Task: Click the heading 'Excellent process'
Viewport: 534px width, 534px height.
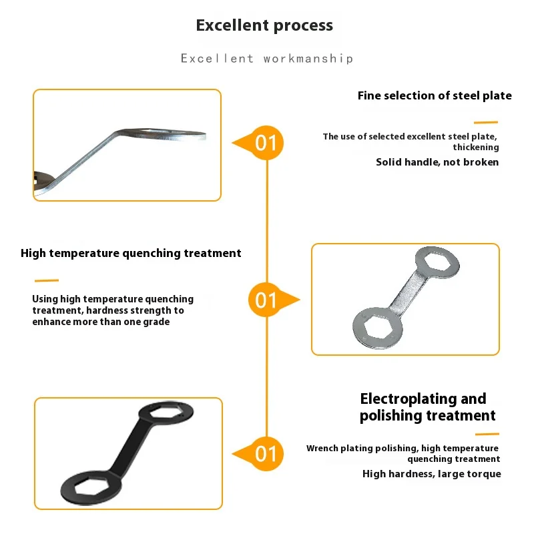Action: [264, 26]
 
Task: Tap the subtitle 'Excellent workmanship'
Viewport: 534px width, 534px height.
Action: [267, 59]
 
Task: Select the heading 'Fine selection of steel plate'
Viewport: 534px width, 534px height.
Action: [435, 95]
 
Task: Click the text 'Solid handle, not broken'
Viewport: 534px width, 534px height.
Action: [437, 162]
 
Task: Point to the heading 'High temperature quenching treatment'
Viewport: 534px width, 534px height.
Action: [131, 253]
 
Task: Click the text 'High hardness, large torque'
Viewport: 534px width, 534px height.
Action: [431, 474]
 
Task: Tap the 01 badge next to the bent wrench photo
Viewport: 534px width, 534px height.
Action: [266, 143]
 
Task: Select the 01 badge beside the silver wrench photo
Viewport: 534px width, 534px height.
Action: [266, 299]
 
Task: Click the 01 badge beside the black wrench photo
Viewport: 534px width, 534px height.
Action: [266, 454]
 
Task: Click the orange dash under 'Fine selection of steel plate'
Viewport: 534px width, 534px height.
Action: [486, 123]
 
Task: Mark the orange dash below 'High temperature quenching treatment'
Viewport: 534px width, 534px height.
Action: [46, 280]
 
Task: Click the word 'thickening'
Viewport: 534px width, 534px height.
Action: [475, 147]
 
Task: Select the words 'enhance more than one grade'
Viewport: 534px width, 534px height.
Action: [101, 322]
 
